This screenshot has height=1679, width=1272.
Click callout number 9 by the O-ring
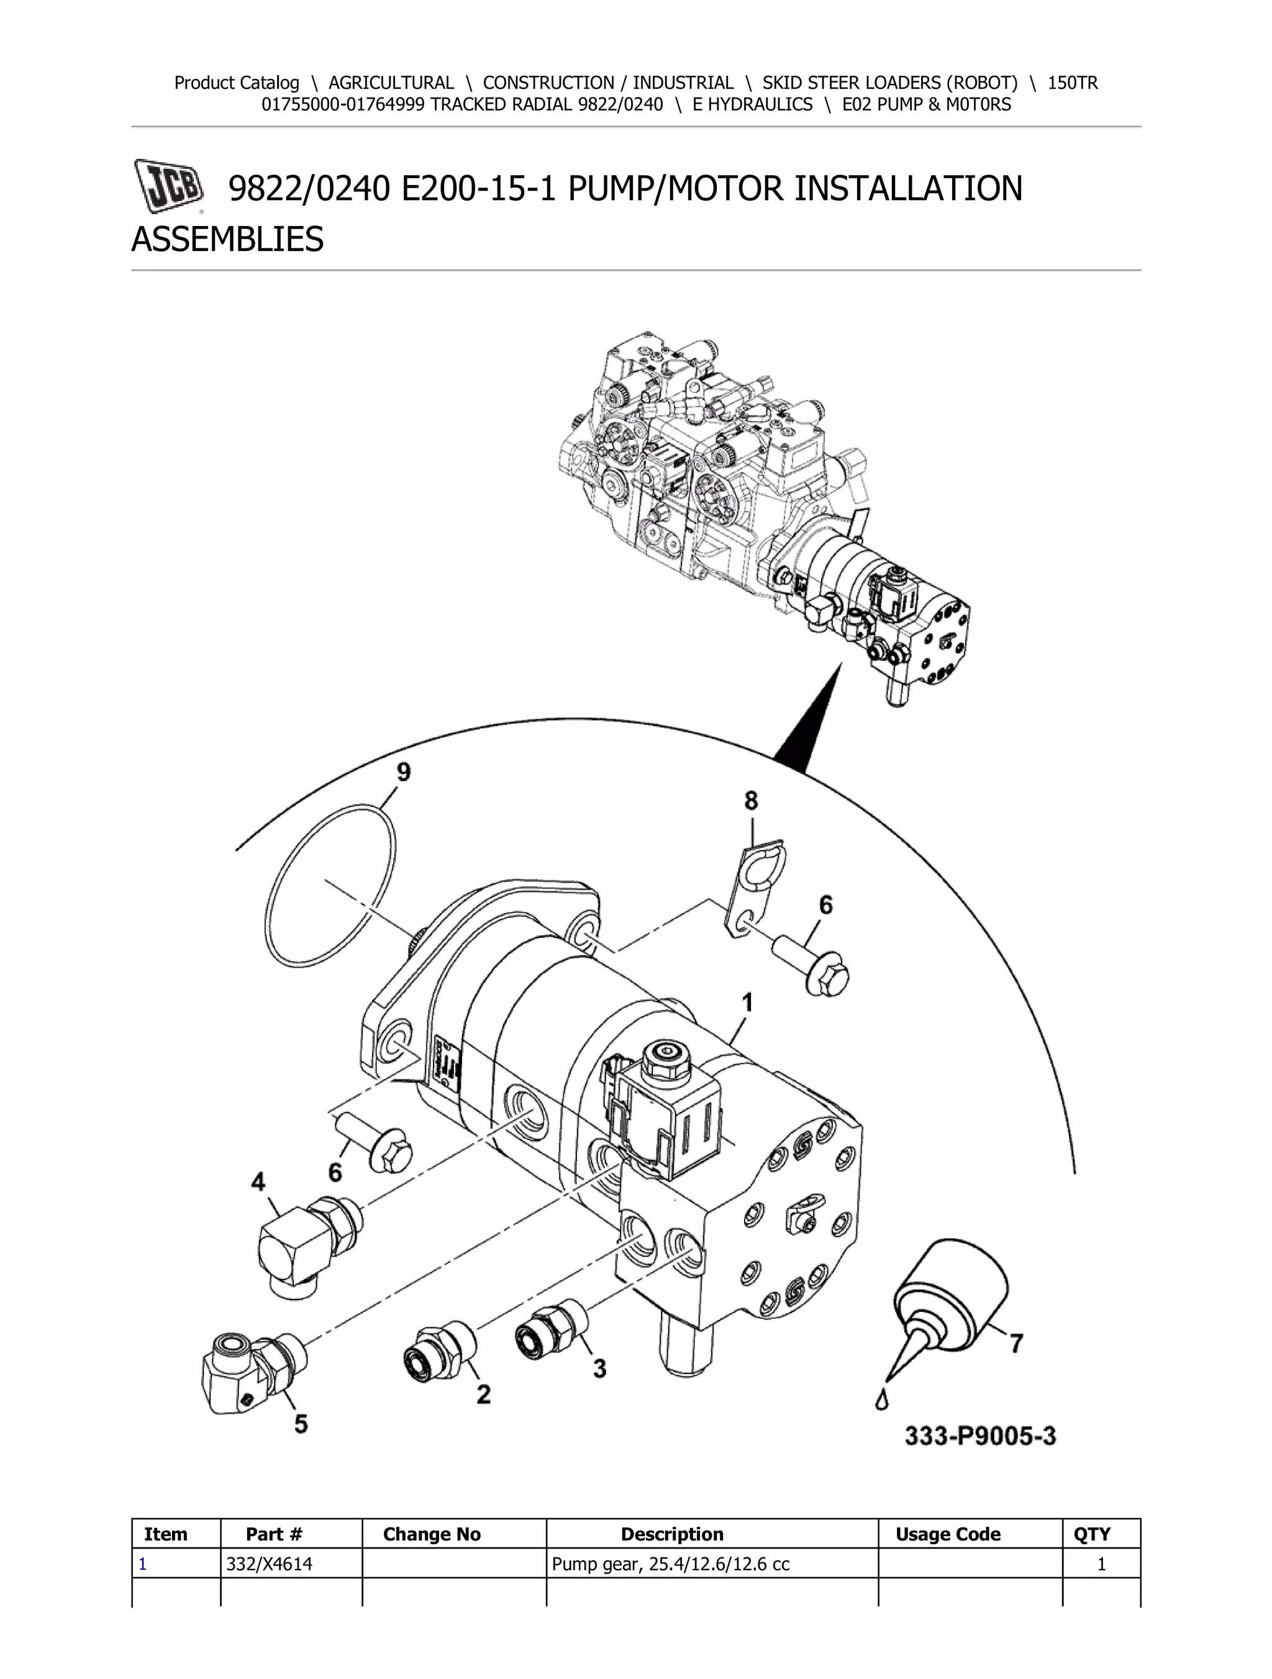click(x=403, y=773)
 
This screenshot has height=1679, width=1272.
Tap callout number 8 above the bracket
click(x=751, y=800)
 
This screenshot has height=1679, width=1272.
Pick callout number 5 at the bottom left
click(x=301, y=1424)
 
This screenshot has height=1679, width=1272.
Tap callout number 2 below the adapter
click(x=483, y=1394)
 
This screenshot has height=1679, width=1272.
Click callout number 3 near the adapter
click(x=599, y=1368)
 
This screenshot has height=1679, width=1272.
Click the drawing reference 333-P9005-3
click(x=980, y=1436)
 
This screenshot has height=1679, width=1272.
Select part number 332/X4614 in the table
click(x=270, y=1563)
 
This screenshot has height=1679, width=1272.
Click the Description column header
click(x=671, y=1534)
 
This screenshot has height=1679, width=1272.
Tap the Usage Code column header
click(x=948, y=1534)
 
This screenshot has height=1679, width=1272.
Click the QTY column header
click(x=1091, y=1534)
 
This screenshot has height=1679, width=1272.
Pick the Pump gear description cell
click(x=670, y=1563)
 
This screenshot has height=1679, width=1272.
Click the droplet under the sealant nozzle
click(x=881, y=1401)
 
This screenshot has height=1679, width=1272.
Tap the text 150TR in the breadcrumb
click(x=1073, y=83)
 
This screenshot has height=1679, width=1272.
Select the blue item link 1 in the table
click(x=143, y=1563)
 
